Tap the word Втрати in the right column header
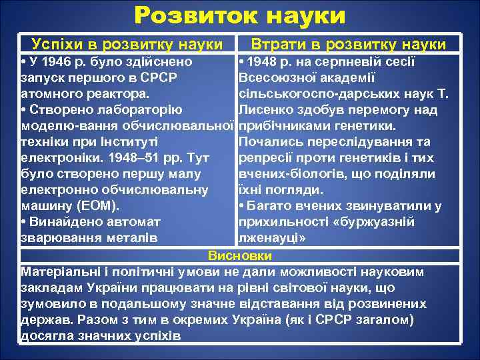click(x=278, y=45)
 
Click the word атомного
click(x=51, y=94)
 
